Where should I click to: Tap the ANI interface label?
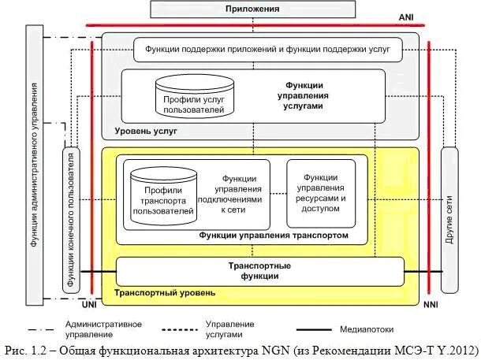point(406,17)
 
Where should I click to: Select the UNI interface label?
point(89,303)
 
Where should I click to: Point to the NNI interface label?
point(430,303)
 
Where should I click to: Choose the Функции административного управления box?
point(34,165)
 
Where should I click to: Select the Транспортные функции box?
point(260,271)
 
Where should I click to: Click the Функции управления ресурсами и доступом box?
point(319,193)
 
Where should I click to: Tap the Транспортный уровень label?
point(165,293)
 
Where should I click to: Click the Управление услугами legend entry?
point(229,328)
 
